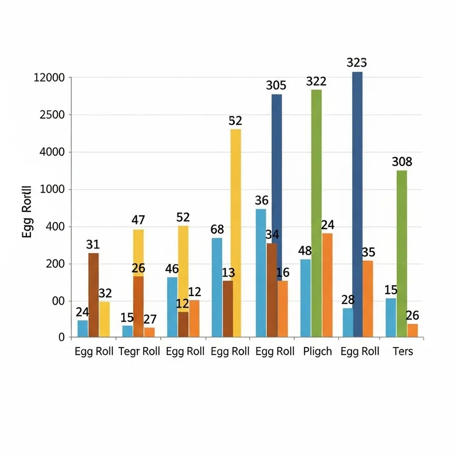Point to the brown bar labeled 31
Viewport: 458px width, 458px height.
tap(93, 294)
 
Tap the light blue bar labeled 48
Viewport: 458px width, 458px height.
tap(305, 298)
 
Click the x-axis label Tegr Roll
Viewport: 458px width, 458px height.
tap(139, 352)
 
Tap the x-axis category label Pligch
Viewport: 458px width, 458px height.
tap(318, 352)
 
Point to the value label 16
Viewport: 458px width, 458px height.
tap(283, 273)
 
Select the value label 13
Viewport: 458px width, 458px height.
tap(228, 273)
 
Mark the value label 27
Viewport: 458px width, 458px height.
tap(149, 319)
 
